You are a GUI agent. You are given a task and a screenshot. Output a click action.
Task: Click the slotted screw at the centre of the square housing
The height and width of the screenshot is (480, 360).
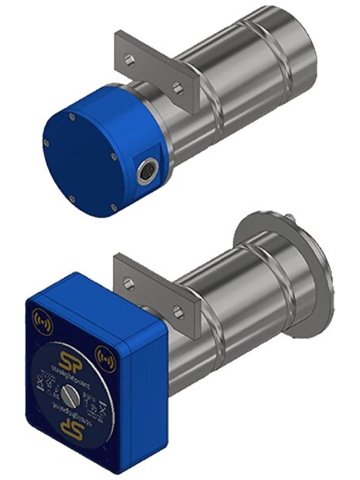(70, 394)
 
